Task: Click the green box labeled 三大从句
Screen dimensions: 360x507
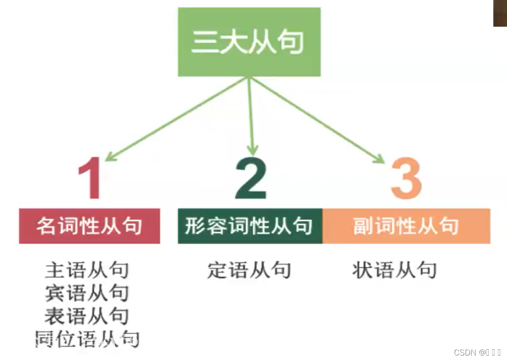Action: (x=249, y=42)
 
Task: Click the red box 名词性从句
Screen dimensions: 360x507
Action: (x=89, y=226)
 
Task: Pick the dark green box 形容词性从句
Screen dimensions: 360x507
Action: (x=250, y=226)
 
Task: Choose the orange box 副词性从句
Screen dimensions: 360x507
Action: (x=406, y=226)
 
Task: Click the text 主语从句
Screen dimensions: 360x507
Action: (x=87, y=270)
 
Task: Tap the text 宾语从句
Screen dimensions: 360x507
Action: (x=87, y=293)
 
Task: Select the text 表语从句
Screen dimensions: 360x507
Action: (x=87, y=316)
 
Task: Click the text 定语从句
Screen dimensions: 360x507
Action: (x=249, y=270)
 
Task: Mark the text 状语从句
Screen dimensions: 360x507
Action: (x=394, y=270)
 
